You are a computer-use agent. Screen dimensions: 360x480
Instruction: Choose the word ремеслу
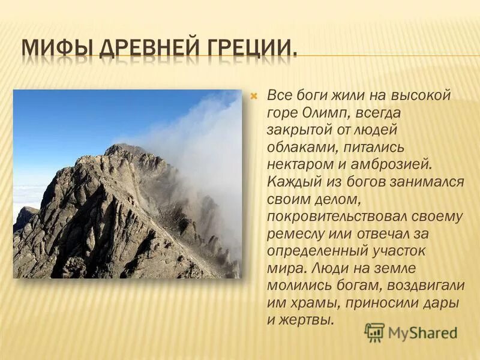click(x=295, y=233)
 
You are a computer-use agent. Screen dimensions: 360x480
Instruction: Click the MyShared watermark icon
click(x=374, y=332)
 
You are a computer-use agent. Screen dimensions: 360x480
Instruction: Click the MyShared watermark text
click(x=422, y=333)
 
